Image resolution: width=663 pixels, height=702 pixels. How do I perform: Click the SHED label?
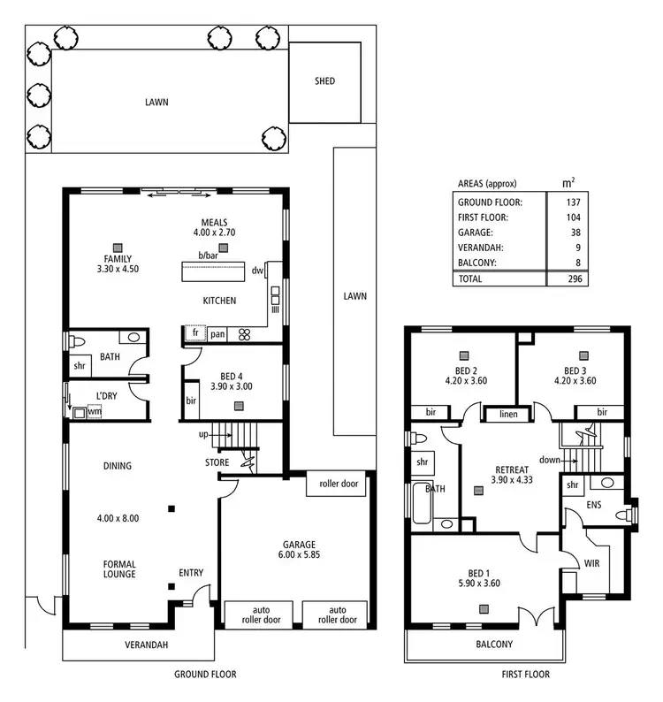point(325,82)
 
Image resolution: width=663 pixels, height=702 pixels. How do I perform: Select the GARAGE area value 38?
point(575,233)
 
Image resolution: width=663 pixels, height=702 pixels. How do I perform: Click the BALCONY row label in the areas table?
point(478,263)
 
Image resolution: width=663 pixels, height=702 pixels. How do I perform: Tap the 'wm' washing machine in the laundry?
point(94,412)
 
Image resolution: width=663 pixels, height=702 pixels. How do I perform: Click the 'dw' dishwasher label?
point(257,271)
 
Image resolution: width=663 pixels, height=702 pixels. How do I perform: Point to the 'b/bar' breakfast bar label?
point(208,256)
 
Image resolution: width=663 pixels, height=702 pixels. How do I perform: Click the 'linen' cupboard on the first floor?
point(507,413)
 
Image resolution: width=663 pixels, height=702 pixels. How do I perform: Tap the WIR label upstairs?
point(592,561)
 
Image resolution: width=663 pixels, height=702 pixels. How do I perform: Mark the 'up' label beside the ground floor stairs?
point(203,435)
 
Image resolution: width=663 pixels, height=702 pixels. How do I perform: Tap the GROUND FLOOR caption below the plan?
point(205,675)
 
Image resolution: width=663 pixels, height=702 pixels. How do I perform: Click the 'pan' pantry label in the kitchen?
point(217,334)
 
